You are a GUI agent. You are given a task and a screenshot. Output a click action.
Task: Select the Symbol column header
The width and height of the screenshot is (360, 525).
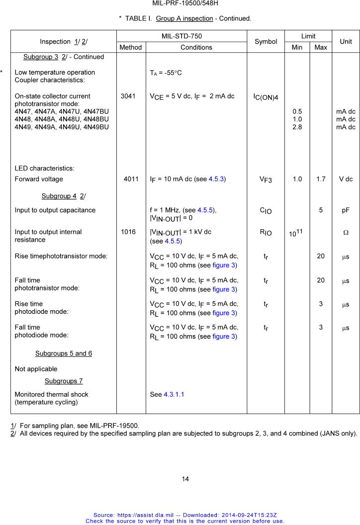tap(266, 42)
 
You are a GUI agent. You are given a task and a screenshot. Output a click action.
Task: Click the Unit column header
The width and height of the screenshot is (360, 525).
tap(346, 42)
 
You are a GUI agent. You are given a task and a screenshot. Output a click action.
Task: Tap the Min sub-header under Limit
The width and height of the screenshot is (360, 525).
tap(297, 47)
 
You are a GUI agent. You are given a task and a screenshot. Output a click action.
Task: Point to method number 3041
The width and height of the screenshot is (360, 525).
tap(128, 96)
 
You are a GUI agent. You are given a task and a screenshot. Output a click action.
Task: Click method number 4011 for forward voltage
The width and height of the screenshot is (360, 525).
tap(131, 179)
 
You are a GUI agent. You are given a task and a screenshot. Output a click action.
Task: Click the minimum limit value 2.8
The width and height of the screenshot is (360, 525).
tap(297, 127)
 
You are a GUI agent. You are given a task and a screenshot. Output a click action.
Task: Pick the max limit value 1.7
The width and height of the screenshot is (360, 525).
tap(321, 179)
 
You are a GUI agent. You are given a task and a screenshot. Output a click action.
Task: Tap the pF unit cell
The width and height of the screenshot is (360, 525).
tap(346, 210)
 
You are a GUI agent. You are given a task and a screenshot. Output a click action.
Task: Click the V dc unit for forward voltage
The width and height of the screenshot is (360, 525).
tap(346, 179)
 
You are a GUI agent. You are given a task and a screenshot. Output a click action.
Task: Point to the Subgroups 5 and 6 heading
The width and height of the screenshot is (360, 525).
tap(64, 353)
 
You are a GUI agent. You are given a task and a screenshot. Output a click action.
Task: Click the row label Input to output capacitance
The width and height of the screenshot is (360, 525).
tap(55, 210)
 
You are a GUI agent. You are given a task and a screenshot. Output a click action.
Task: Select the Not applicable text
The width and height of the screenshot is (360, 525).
tap(36, 369)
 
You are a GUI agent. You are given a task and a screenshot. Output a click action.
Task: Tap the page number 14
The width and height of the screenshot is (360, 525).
tap(185, 479)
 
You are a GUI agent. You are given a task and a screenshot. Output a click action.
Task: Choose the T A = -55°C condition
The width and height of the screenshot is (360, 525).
tap(166, 73)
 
